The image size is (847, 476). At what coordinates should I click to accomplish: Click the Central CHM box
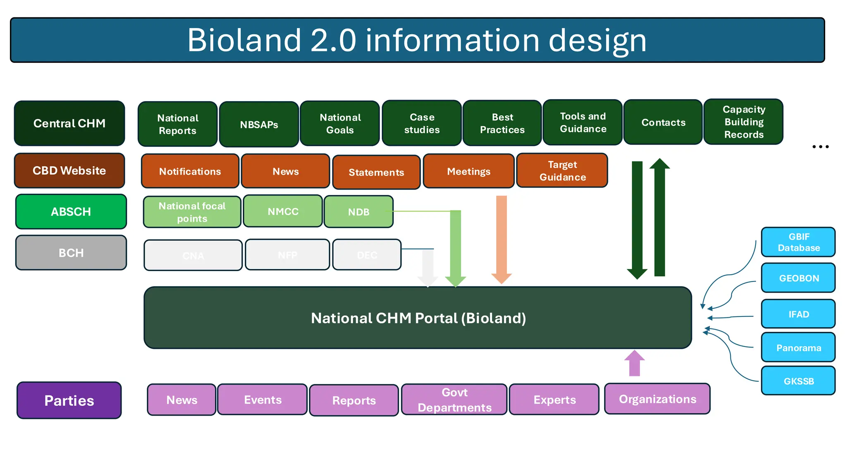coord(69,123)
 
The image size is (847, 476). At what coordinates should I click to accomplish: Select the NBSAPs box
coord(259,124)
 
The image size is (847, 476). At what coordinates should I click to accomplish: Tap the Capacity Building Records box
coord(743,122)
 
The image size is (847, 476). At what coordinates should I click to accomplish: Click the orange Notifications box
coord(190,171)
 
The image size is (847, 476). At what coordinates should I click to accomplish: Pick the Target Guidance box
coord(562,171)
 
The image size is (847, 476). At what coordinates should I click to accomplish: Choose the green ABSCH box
coord(71,212)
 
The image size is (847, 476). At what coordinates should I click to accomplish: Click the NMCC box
coord(283,212)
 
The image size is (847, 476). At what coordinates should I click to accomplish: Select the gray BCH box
coord(71,252)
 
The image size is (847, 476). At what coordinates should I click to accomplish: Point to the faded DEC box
coord(367,255)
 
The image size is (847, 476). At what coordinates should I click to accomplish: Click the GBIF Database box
coord(798,242)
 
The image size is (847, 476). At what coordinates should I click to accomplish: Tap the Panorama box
coord(798,347)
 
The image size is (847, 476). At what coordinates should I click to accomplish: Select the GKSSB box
coord(798,381)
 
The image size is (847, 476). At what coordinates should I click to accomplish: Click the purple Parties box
coord(69,400)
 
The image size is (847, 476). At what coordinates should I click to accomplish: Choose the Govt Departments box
coord(454,400)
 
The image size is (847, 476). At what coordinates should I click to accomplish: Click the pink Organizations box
coord(657,399)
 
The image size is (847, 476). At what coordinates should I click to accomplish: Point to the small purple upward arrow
coord(634,363)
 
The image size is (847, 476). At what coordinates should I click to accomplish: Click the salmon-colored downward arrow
coord(501,240)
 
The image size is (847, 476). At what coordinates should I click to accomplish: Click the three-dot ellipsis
coord(820,147)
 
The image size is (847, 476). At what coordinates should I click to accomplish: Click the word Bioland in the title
coord(244,40)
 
